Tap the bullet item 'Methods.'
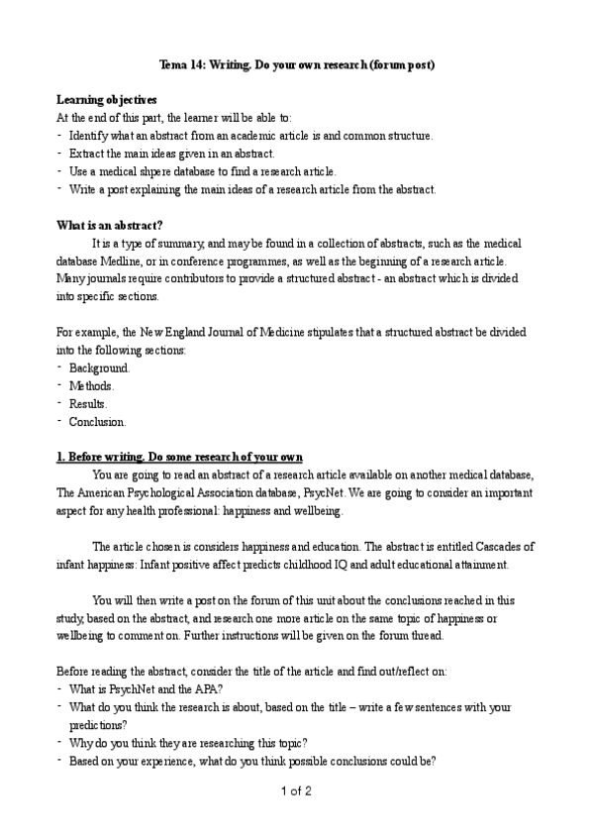91,386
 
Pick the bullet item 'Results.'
88,404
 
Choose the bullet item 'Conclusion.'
97,422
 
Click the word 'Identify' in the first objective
91,136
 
